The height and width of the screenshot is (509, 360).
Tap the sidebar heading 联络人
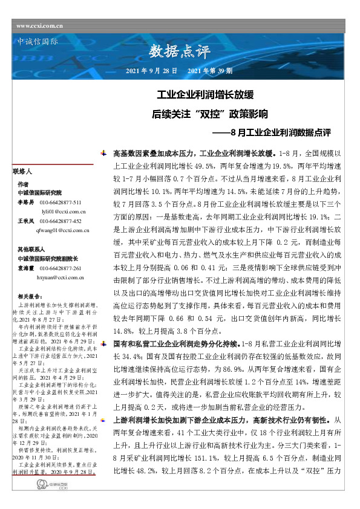[x=22, y=172]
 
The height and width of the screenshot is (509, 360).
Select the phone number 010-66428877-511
[x=60, y=202]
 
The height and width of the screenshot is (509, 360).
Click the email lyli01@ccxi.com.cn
[x=64, y=212]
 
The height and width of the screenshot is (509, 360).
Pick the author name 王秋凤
[x=25, y=221]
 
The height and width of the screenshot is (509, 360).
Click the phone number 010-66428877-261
[x=60, y=268]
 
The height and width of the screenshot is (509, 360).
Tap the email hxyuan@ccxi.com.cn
[x=62, y=277]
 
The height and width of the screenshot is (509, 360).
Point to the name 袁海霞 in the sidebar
[x=25, y=268]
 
